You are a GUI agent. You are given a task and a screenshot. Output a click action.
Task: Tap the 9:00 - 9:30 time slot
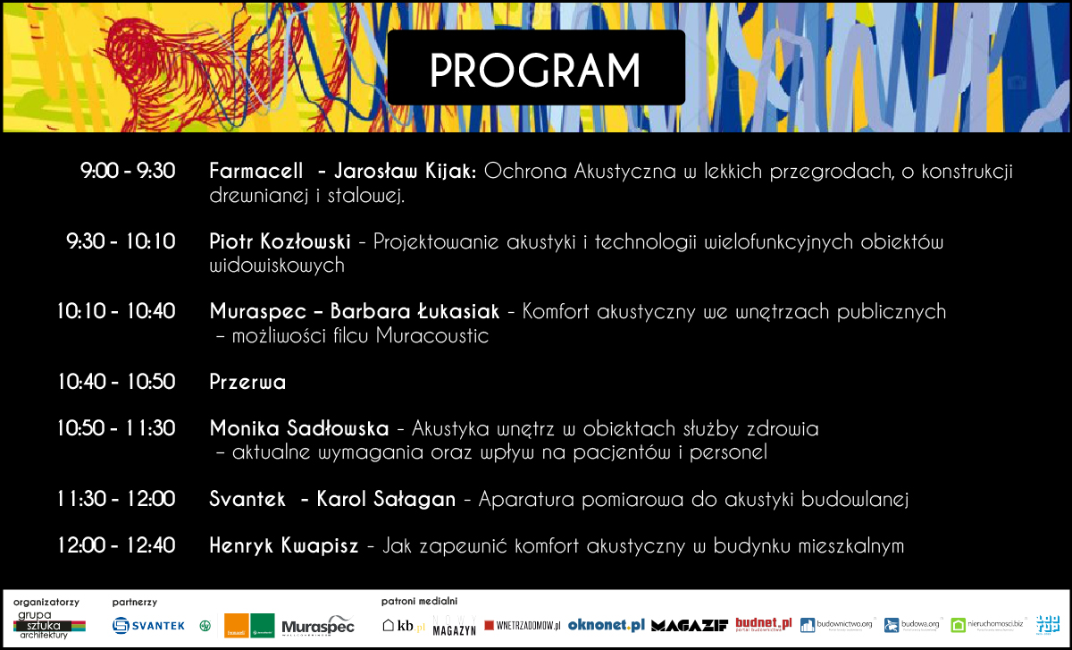pos(128,171)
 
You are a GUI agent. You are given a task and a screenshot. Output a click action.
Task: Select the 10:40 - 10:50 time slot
pos(116,382)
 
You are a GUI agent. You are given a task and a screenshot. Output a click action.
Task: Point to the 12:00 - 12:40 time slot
pos(116,544)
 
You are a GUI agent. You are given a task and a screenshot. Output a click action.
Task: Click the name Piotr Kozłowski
pos(279,241)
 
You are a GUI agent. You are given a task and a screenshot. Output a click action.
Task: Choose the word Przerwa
pos(247,382)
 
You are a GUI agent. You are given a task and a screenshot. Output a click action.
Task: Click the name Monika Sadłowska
pos(298,428)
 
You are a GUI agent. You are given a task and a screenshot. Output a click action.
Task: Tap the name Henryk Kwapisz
pos(283,544)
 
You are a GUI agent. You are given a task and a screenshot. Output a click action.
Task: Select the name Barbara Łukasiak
pos(415,312)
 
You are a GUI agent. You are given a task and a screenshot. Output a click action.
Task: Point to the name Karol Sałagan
pos(386,499)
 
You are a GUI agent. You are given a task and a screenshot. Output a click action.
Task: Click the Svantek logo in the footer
pos(149,626)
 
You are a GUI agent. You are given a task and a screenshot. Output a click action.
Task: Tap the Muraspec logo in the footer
pos(318,626)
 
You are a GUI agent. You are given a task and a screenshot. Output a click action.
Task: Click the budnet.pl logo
pos(764,624)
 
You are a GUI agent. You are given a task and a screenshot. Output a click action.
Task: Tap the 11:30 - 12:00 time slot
pos(116,499)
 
